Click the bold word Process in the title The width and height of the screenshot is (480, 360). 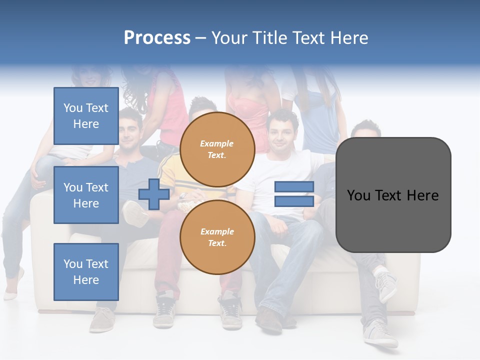(x=157, y=38)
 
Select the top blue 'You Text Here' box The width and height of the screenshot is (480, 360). (x=86, y=116)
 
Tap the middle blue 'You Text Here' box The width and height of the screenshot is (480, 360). (x=86, y=195)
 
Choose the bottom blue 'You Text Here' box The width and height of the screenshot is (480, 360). (x=86, y=272)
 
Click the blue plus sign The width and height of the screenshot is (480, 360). (x=154, y=193)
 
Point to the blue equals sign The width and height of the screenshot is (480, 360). (x=294, y=194)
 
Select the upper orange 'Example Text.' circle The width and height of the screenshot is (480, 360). (x=217, y=149)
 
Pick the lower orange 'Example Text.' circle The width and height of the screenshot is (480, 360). (x=217, y=237)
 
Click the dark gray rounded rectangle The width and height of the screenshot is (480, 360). (x=393, y=195)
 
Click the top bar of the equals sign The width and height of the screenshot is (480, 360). (x=294, y=187)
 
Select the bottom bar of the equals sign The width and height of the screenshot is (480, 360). (x=294, y=201)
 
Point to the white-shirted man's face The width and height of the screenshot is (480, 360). (x=280, y=132)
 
